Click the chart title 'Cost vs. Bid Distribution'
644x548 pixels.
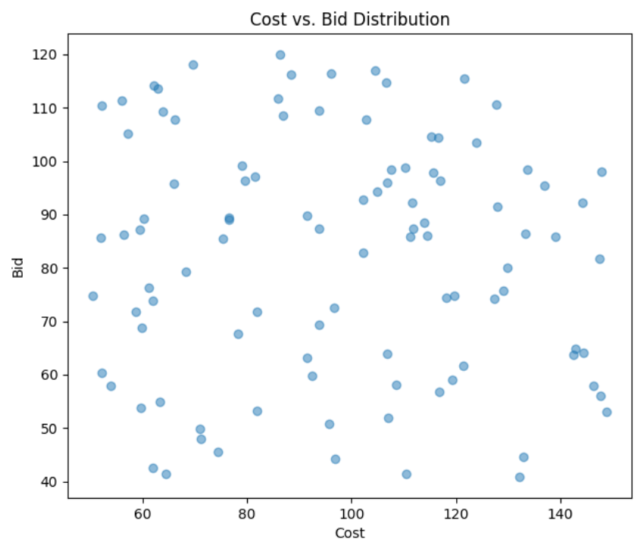[x=350, y=19]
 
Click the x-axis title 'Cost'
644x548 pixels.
[x=350, y=533]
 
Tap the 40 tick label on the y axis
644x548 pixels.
[x=52, y=482]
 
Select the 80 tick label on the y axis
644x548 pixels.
[x=52, y=269]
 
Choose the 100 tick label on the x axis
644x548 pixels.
[x=351, y=514]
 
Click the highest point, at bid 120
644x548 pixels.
[x=280, y=55]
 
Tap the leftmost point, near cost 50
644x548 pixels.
[x=93, y=296]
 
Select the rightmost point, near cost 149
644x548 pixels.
[x=607, y=413]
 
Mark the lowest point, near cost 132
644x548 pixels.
[x=520, y=477]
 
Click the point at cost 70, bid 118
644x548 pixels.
[x=193, y=65]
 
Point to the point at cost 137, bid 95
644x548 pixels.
[x=545, y=186]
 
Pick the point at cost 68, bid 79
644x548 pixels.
[x=186, y=272]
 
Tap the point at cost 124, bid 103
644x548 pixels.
[x=477, y=143]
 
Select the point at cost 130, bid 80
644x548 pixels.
[x=508, y=268]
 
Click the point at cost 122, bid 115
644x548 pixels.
[x=464, y=79]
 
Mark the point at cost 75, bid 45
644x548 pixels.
[x=218, y=453]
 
